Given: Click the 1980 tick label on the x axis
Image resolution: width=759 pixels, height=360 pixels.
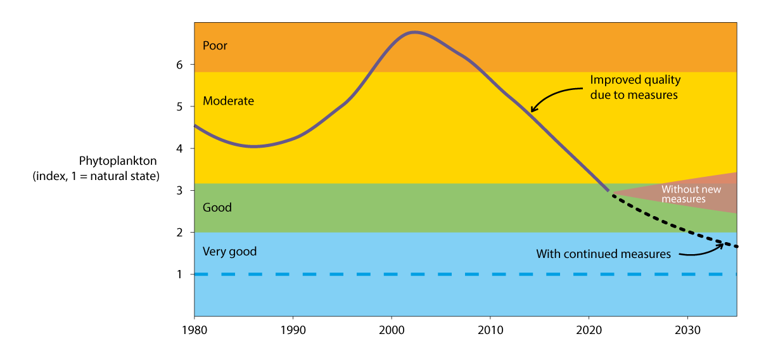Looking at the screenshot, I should click(x=194, y=330).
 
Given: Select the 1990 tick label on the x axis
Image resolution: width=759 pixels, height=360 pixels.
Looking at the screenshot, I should click(x=293, y=330).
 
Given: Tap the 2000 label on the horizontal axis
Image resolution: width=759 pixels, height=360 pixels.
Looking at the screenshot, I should click(x=392, y=330).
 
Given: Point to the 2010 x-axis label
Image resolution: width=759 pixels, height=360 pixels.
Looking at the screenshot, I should click(x=490, y=330).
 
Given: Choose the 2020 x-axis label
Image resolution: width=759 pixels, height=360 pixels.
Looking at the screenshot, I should click(x=589, y=330).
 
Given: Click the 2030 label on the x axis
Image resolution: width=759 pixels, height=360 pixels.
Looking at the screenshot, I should click(x=688, y=330).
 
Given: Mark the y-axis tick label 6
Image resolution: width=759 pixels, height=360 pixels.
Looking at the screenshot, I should click(x=179, y=65).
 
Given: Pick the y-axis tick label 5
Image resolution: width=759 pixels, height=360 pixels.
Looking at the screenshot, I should click(x=179, y=106).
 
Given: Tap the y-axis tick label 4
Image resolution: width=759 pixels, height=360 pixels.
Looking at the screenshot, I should click(x=179, y=148).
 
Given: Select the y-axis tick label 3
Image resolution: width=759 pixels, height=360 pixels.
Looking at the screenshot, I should click(x=179, y=190).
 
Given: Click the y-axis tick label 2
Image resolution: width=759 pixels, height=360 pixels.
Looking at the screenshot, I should click(x=179, y=233).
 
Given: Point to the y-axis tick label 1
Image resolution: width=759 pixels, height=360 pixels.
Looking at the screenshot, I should click(x=179, y=274).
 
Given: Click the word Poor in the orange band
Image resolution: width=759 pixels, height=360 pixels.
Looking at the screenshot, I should click(x=215, y=46).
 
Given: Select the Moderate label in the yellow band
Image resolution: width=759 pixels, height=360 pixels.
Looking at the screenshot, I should click(x=228, y=101).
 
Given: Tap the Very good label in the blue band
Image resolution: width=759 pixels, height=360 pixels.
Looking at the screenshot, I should click(x=229, y=252).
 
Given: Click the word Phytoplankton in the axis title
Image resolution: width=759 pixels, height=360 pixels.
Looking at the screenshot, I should click(x=117, y=161).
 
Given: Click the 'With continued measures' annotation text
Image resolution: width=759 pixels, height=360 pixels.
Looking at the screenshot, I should click(x=603, y=254).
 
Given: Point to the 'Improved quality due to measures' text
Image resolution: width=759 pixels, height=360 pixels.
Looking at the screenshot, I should click(x=635, y=87).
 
